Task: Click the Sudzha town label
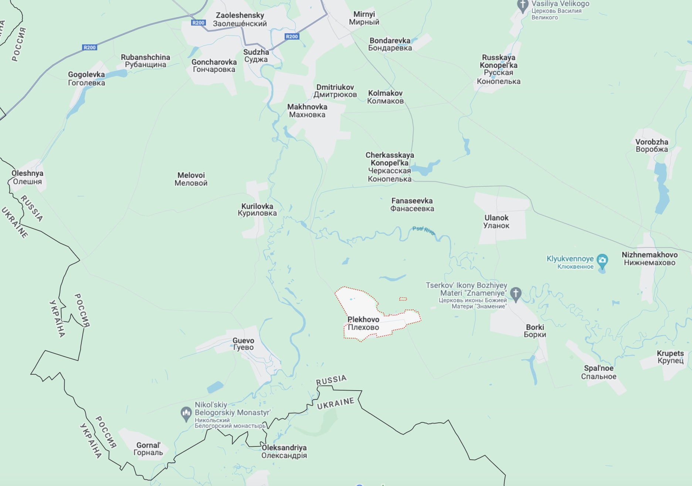(256, 55)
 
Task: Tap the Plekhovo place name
(363, 323)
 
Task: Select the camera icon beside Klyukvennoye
(602, 260)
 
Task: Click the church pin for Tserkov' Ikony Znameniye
(516, 294)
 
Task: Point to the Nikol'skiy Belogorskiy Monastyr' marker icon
(186, 413)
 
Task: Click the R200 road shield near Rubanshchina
(89, 47)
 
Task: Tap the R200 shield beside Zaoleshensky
(199, 23)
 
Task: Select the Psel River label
(424, 230)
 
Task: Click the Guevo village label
(243, 344)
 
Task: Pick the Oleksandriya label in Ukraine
(284, 451)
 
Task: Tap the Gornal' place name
(148, 449)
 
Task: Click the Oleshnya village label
(27, 177)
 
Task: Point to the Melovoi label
(191, 179)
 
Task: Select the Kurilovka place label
(257, 209)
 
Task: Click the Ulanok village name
(496, 222)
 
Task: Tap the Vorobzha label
(651, 145)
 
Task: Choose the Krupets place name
(670, 357)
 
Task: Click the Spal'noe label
(598, 372)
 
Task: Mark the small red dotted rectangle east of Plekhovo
(403, 298)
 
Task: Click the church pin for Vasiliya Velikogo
(522, 6)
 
